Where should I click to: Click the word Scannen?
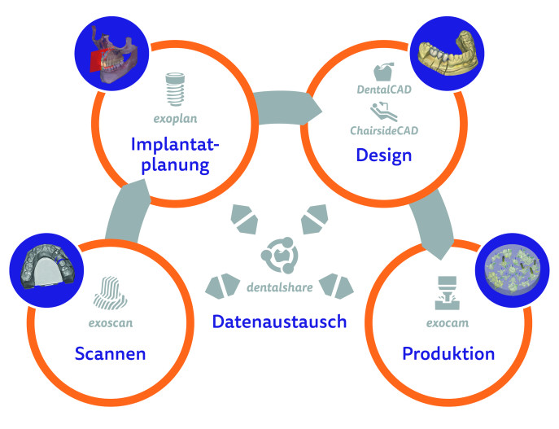(110, 354)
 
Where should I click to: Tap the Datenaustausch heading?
(280, 322)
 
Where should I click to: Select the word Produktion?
(448, 354)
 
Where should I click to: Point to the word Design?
(384, 155)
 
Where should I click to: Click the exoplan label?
(176, 119)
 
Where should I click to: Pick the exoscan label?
(111, 322)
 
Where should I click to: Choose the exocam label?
(448, 322)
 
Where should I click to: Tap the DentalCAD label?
(384, 90)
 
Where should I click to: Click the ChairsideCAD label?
(384, 130)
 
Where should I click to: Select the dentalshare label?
(280, 287)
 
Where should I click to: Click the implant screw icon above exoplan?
(175, 90)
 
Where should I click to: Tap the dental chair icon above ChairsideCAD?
(383, 112)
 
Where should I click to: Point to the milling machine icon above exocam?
(447, 292)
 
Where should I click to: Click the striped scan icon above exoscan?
(110, 293)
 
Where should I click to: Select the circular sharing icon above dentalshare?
(280, 256)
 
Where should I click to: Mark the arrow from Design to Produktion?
(432, 224)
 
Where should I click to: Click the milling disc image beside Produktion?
(513, 270)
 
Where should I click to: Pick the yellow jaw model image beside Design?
(447, 54)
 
